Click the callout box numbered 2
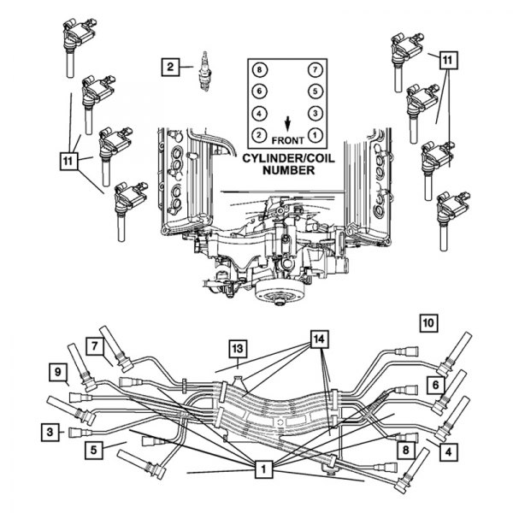171,66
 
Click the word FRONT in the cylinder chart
286,139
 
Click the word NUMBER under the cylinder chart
287,170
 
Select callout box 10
428,322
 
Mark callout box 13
237,348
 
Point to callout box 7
95,345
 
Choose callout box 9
59,372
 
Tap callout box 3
52,432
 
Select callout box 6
435,386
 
